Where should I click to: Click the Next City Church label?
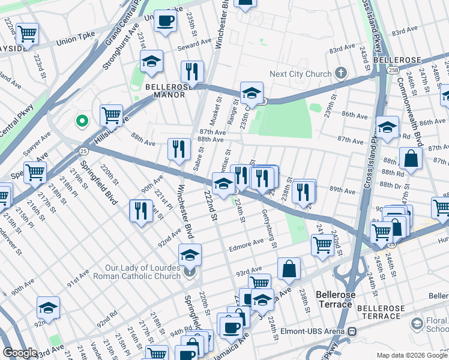click(300, 74)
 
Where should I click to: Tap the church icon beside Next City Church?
click(341, 74)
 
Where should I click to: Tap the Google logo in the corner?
click(20, 353)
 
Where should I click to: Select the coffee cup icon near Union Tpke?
click(165, 22)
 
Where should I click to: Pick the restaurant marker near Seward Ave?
click(192, 71)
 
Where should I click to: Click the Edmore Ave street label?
click(246, 242)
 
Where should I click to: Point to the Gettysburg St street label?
click(268, 228)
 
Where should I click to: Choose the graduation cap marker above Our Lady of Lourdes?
click(190, 255)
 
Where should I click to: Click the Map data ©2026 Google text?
click(412, 355)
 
